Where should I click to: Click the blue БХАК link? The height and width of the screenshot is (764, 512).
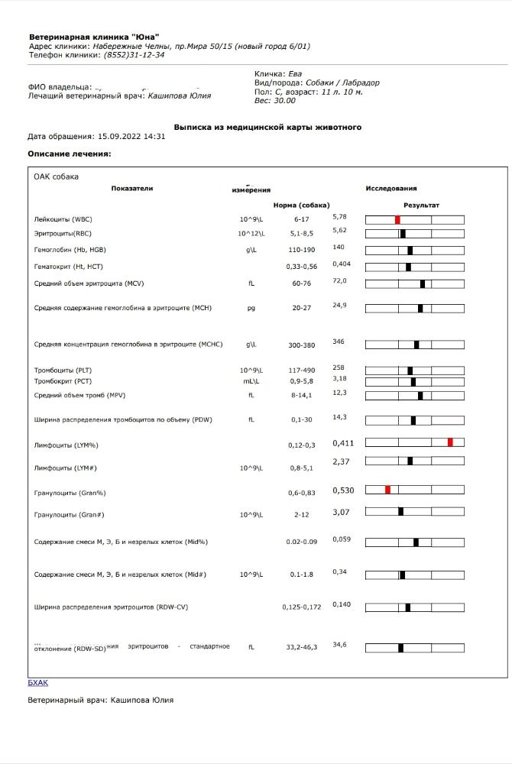(37, 683)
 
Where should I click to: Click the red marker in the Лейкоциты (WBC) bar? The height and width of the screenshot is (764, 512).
(397, 219)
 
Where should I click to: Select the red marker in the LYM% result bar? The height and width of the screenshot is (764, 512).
(450, 442)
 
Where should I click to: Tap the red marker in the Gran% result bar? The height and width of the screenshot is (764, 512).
(387, 489)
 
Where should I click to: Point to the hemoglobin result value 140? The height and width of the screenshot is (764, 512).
(339, 247)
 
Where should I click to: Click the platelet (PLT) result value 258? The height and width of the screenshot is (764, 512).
(339, 367)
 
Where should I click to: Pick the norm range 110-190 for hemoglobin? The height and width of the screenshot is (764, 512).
(301, 250)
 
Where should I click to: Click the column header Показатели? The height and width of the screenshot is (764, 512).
(131, 188)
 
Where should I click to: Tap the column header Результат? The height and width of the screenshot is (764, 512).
(421, 205)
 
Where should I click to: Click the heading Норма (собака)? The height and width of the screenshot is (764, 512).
(301, 205)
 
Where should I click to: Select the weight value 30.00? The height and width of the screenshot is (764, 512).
(285, 101)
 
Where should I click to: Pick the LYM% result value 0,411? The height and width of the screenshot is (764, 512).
(343, 443)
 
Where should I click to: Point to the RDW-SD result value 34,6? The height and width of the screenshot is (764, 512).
(339, 645)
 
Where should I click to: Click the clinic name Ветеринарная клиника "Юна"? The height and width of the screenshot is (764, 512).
(94, 37)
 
